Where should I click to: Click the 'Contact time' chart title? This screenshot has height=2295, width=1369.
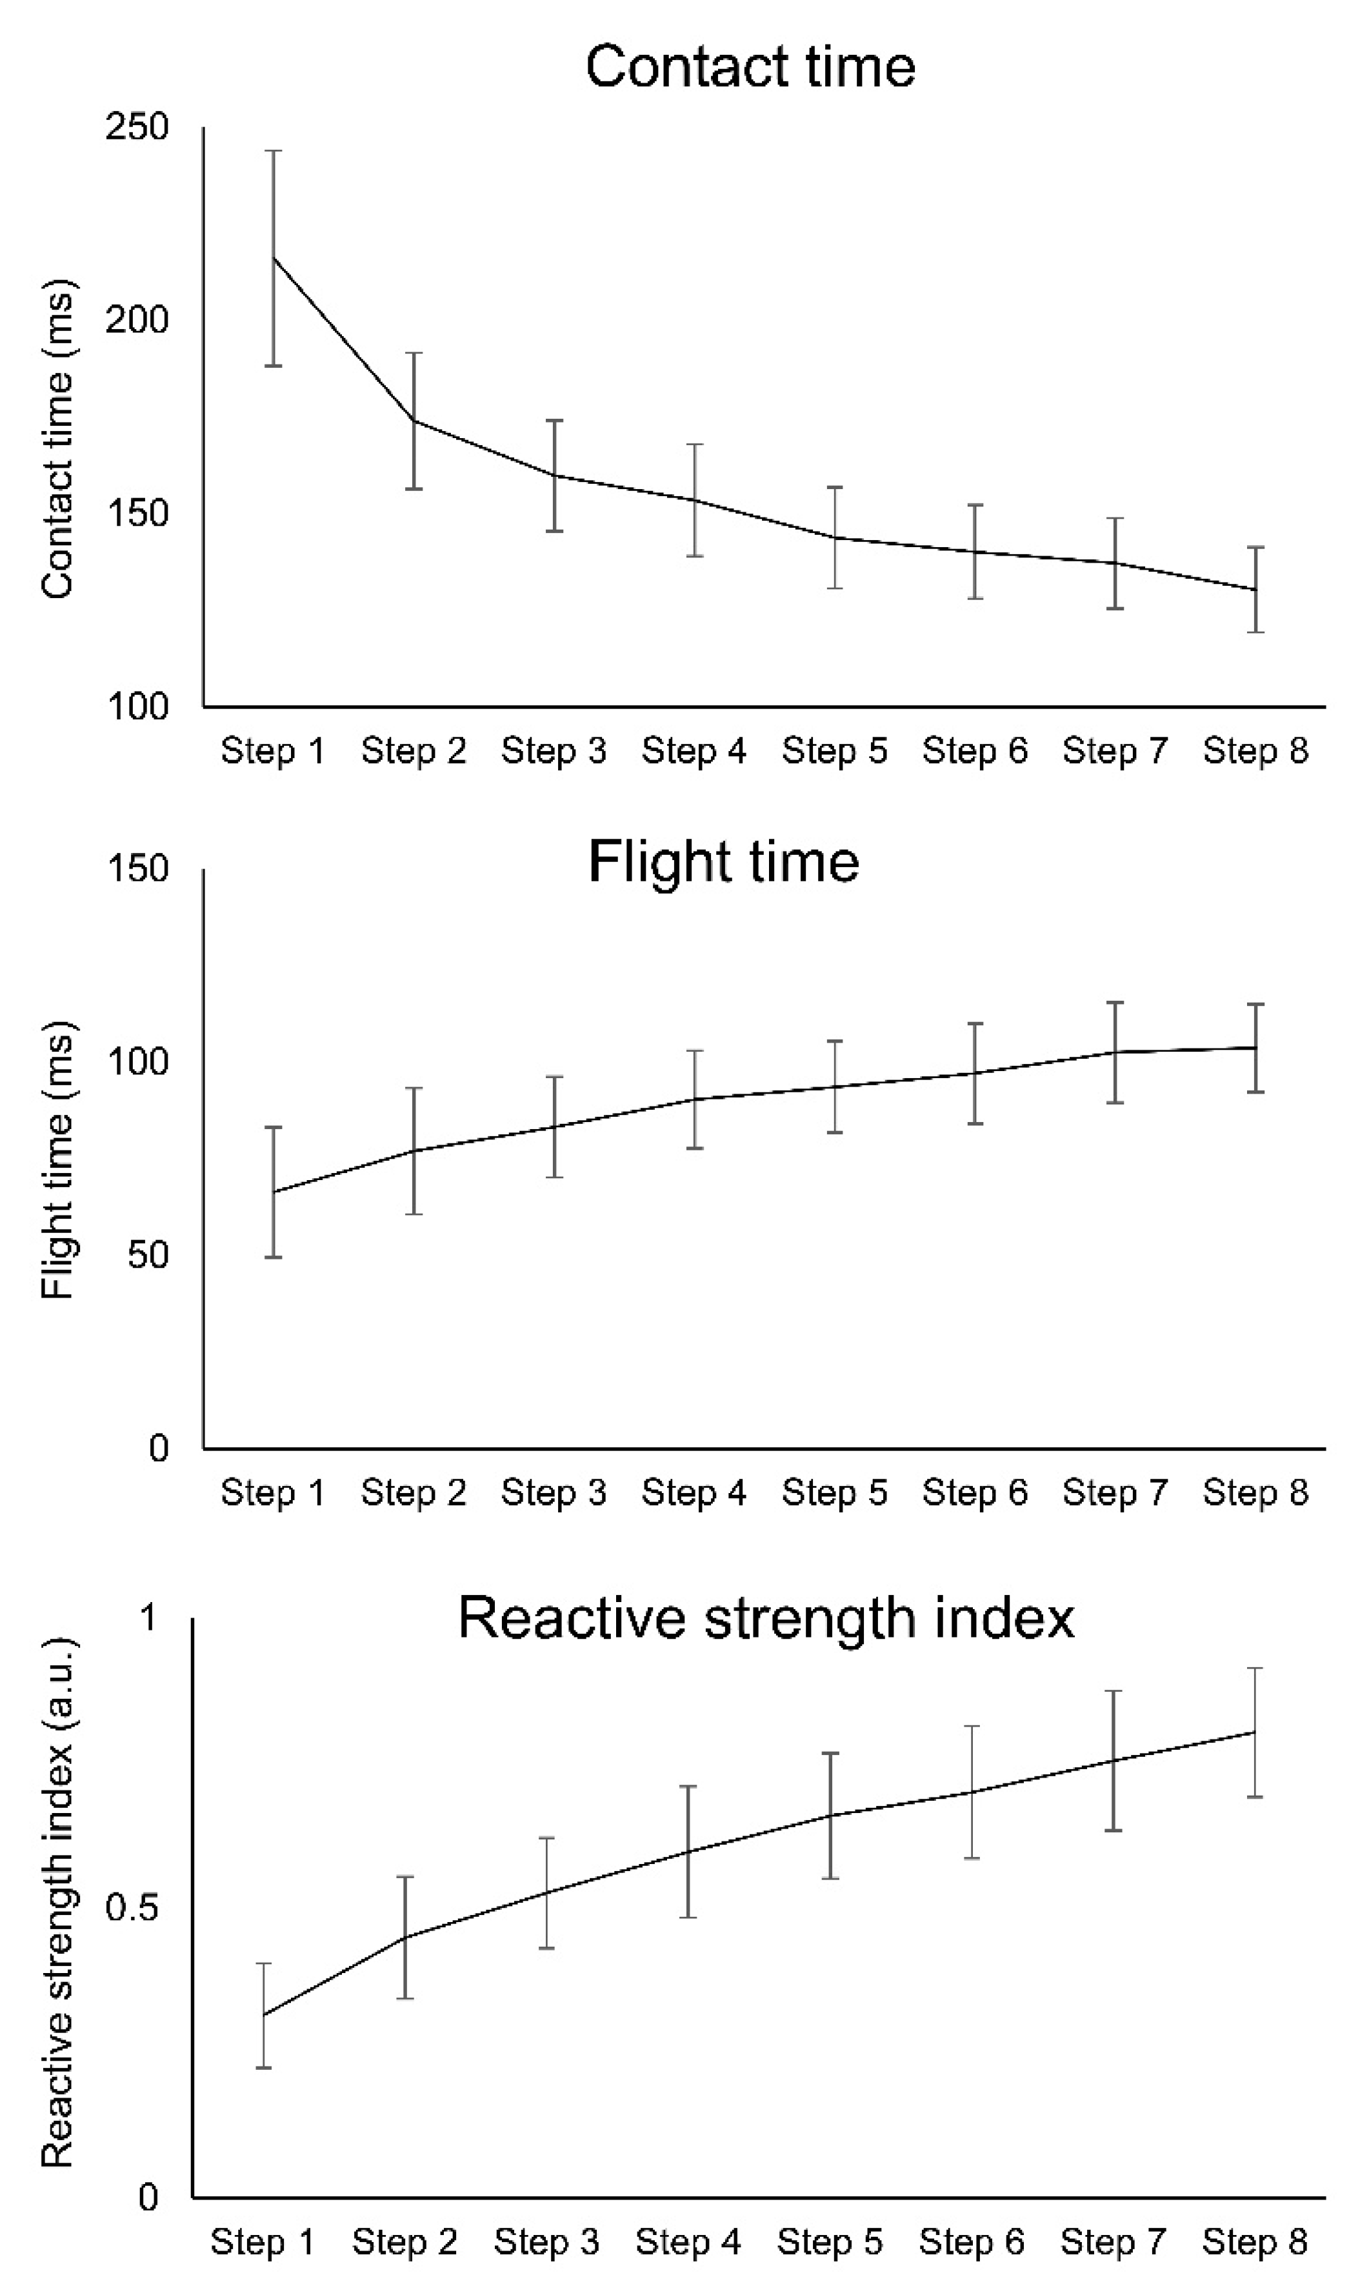pyautogui.click(x=750, y=67)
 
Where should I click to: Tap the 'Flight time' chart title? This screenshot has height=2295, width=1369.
pyautogui.click(x=723, y=863)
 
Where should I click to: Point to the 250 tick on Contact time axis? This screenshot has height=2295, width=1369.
pyautogui.click(x=137, y=126)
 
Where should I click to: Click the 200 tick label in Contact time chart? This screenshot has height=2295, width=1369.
pyautogui.click(x=137, y=320)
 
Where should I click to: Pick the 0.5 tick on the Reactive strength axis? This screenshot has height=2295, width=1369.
pyautogui.click(x=131, y=1908)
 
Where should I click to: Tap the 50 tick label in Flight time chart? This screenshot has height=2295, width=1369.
pyautogui.click(x=148, y=1256)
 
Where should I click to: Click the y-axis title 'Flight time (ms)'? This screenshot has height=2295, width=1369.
pyautogui.click(x=57, y=1161)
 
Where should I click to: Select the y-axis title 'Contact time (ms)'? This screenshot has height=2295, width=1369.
pyautogui.click(x=57, y=439)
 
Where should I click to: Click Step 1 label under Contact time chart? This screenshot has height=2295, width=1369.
pyautogui.click(x=273, y=751)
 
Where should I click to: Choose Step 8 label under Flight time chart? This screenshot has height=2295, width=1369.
pyautogui.click(x=1255, y=1492)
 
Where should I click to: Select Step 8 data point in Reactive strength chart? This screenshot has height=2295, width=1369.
pyautogui.click(x=1255, y=1732)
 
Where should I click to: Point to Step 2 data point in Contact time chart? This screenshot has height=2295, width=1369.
pyautogui.click(x=414, y=421)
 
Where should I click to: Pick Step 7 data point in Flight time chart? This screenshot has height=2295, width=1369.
pyautogui.click(x=1115, y=1052)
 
